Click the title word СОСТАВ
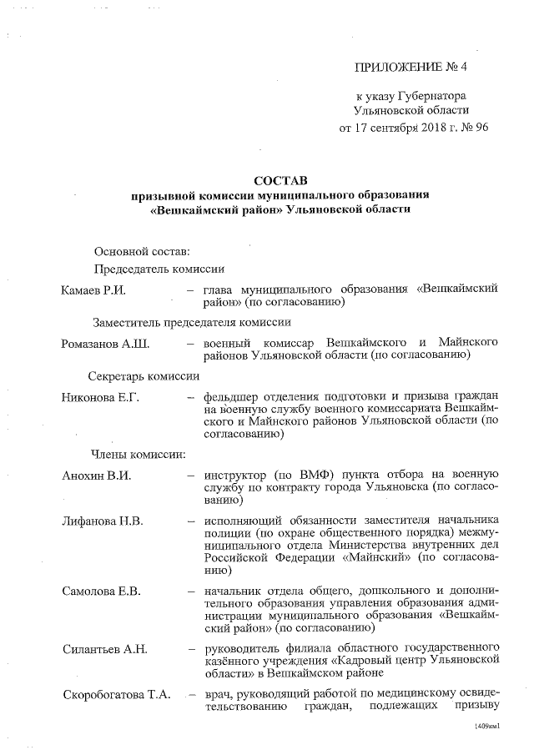tap(281, 180)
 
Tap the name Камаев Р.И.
tap(94, 289)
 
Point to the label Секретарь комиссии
tap(144, 376)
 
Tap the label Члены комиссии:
tap(138, 455)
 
